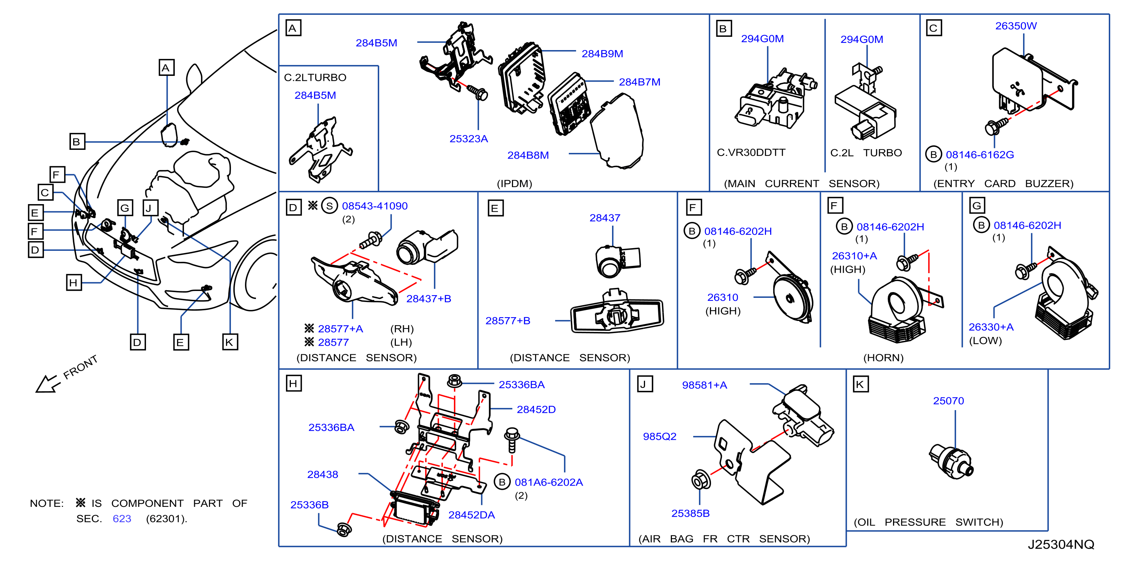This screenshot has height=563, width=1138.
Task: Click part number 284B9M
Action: coord(602,53)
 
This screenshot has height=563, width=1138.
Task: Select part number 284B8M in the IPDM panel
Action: coord(528,155)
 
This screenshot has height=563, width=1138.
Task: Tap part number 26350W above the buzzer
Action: coord(1016,26)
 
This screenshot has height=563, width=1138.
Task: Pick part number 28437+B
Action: coord(429,298)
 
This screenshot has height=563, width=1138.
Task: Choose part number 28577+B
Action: coord(508,321)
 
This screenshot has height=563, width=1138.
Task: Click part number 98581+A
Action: coord(704,385)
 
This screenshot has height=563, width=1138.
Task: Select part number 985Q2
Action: coord(659,436)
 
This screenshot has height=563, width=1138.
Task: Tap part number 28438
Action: coord(322,474)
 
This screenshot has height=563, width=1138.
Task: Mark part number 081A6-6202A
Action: coord(549,482)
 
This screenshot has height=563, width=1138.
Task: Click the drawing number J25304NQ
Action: coord(1061,544)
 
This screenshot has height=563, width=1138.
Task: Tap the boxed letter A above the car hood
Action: coord(166,68)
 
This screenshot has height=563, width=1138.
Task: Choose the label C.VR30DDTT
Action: coord(751,153)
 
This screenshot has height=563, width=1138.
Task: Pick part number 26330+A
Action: coord(991,327)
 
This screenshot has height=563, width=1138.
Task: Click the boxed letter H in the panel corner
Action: coord(294,383)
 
